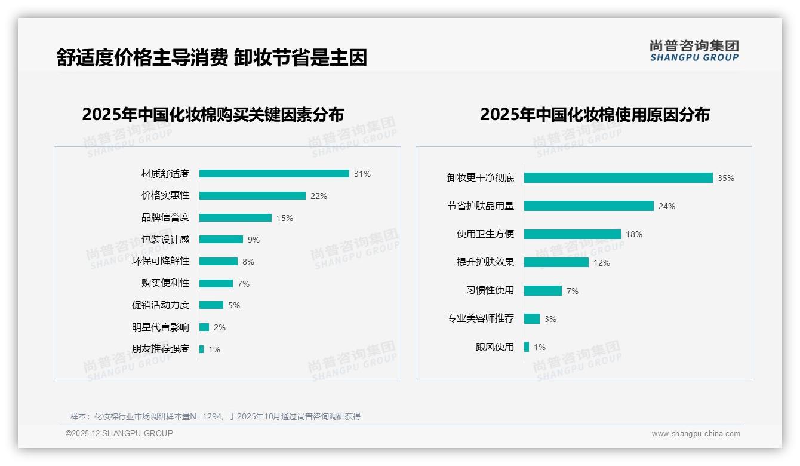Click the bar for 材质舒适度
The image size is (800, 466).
click(x=274, y=174)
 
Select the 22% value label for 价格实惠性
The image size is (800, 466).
click(x=318, y=196)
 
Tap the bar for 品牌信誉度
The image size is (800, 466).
click(x=235, y=218)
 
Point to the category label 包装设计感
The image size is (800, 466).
click(x=165, y=239)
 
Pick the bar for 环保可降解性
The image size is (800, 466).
click(x=219, y=262)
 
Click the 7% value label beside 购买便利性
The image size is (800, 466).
click(x=243, y=284)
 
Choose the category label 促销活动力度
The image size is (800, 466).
click(x=160, y=305)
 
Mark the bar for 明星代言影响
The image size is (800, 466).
click(x=204, y=327)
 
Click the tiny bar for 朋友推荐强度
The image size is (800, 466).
click(x=201, y=349)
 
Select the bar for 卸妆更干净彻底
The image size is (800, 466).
click(x=618, y=178)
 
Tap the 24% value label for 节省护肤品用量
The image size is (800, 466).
click(x=666, y=206)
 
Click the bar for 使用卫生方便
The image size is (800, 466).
click(x=572, y=234)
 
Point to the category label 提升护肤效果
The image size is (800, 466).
click(x=485, y=262)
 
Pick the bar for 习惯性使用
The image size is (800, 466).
click(x=543, y=290)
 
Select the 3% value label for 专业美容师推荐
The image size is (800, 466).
click(x=550, y=319)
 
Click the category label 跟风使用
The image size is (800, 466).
click(x=494, y=347)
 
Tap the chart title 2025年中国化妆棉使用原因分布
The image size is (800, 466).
click(x=595, y=115)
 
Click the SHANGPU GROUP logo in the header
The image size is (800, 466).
click(x=694, y=51)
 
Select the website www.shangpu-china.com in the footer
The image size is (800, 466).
click(x=696, y=434)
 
